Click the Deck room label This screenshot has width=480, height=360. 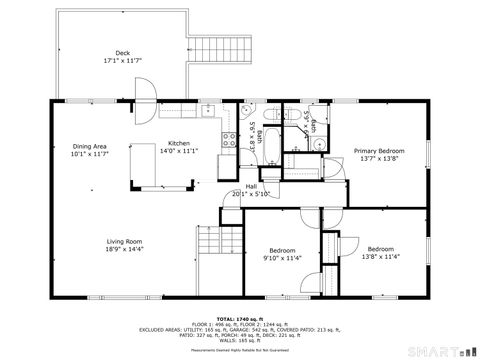tap(122, 52)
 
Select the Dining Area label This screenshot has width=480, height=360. tap(89, 146)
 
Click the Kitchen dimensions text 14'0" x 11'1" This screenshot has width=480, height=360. tap(179, 151)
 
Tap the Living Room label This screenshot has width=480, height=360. tap(125, 241)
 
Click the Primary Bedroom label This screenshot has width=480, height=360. tap(379, 151)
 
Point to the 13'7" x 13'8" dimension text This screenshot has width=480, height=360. tap(379, 159)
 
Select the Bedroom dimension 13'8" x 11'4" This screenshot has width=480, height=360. tap(380, 257)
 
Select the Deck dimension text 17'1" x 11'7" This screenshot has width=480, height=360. tap(122, 60)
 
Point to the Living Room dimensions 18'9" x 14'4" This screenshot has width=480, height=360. tap(125, 249)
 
